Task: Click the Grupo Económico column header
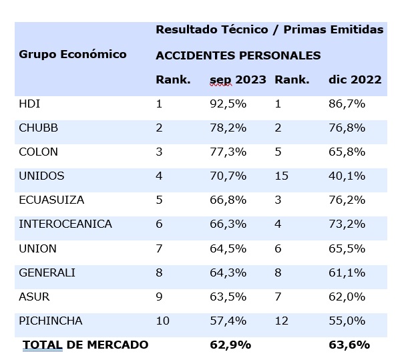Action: tap(72, 54)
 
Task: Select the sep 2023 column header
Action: tap(238, 79)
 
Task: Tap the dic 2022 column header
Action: tap(355, 79)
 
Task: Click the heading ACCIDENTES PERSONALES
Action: tap(238, 55)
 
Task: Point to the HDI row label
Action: tap(30, 104)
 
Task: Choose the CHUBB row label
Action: tap(37, 128)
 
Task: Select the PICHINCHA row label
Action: tap(50, 321)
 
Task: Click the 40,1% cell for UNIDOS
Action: tap(347, 176)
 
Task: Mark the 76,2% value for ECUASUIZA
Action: tap(347, 200)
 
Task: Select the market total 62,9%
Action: tap(230, 345)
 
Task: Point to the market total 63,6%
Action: tap(349, 345)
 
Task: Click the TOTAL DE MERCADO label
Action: tap(85, 345)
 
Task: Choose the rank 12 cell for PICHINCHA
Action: tap(281, 321)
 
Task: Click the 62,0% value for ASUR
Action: tap(347, 297)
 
